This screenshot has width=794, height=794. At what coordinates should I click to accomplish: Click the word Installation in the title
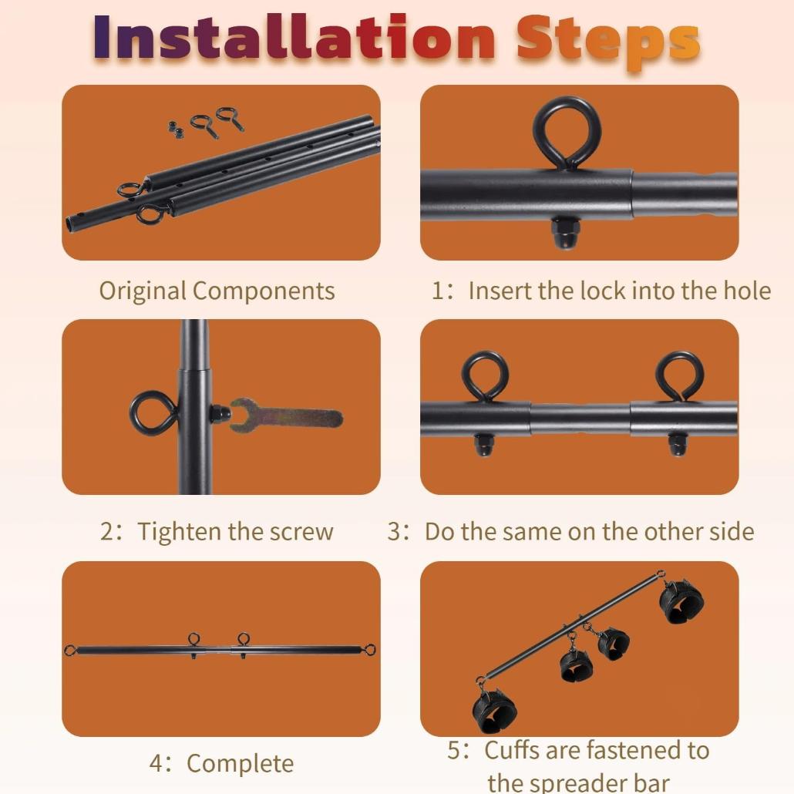(x=294, y=38)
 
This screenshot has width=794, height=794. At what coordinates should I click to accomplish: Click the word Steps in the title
(x=607, y=42)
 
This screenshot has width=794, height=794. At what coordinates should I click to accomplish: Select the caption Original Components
(x=217, y=291)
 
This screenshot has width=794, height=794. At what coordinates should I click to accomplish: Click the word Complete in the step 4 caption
(x=240, y=763)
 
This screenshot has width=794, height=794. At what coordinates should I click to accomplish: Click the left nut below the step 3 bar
(x=483, y=445)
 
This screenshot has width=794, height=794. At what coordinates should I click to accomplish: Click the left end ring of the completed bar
(x=70, y=650)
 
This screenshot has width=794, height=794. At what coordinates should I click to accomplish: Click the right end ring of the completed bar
(x=370, y=649)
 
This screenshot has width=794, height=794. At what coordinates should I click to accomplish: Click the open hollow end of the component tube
(x=71, y=224)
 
